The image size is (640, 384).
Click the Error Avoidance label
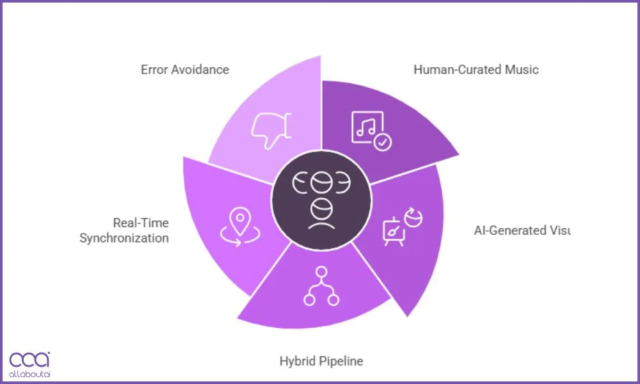[184, 69]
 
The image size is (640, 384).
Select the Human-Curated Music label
[476, 69]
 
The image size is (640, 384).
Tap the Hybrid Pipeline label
[321, 361]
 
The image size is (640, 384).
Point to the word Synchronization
[124, 238]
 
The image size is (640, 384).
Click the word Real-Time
[141, 223]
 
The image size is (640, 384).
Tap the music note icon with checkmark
[370, 130]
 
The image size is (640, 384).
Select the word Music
[522, 69]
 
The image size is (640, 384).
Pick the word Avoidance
[200, 69]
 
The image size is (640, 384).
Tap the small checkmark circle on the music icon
[383, 142]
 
